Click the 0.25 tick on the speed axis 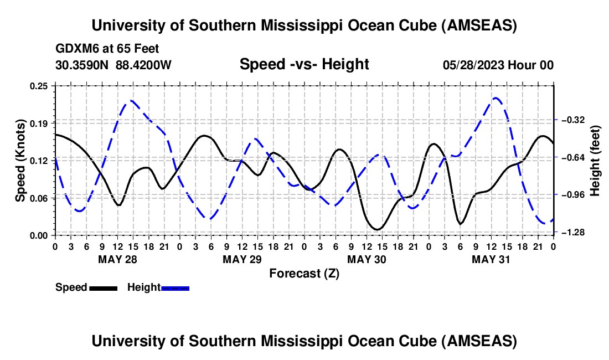click(42, 85)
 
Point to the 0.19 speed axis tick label click(42, 122)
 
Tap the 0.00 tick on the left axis click(42, 235)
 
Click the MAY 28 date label click(118, 259)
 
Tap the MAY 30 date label click(367, 259)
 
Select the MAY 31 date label click(491, 259)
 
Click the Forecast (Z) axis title click(304, 273)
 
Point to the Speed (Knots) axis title click(20, 161)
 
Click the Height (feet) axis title click(595, 161)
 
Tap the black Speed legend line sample click(103, 288)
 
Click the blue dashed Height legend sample click(176, 288)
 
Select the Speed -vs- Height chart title click(304, 64)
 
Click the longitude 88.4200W click(143, 65)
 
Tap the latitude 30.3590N click(82, 65)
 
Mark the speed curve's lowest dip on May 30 click(376, 229)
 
